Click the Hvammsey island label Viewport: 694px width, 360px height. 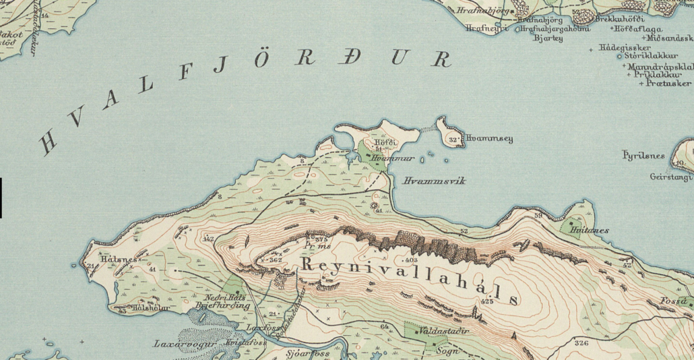coord(488,140)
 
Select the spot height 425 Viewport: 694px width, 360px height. coord(488,302)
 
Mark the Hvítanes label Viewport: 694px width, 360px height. coord(589,231)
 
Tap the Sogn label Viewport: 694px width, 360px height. coord(447,351)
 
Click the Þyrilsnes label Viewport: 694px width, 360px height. coord(643,156)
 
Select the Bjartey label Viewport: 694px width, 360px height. coord(548,38)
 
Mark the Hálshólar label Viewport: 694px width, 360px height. coord(150,308)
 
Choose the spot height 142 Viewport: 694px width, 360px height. coord(208,239)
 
